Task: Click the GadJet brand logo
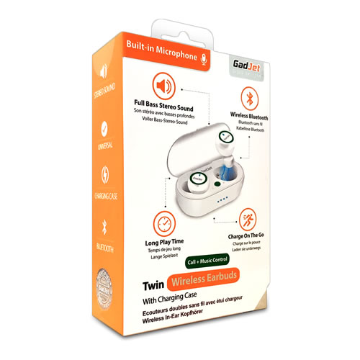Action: point(230,63)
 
